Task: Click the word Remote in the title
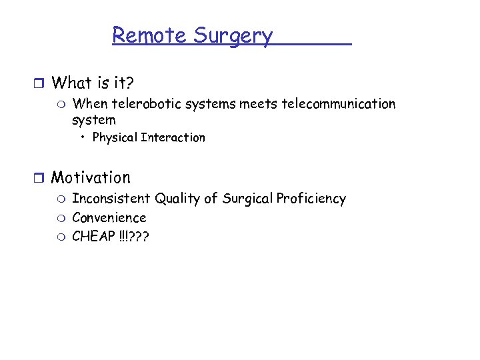pyautogui.click(x=150, y=35)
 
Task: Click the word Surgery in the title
pyautogui.click(x=233, y=36)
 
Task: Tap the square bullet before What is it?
pyautogui.click(x=39, y=83)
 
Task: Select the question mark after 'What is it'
pyautogui.click(x=129, y=83)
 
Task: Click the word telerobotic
pyautogui.click(x=145, y=104)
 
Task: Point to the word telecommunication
pyautogui.click(x=338, y=104)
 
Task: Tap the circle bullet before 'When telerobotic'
pyautogui.click(x=61, y=105)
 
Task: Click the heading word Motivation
pyautogui.click(x=91, y=178)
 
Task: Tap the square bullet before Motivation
pyautogui.click(x=39, y=178)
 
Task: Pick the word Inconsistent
pyautogui.click(x=111, y=199)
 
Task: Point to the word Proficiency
pyautogui.click(x=311, y=199)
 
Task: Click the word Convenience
pyautogui.click(x=109, y=218)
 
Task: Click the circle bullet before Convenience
pyautogui.click(x=61, y=218)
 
